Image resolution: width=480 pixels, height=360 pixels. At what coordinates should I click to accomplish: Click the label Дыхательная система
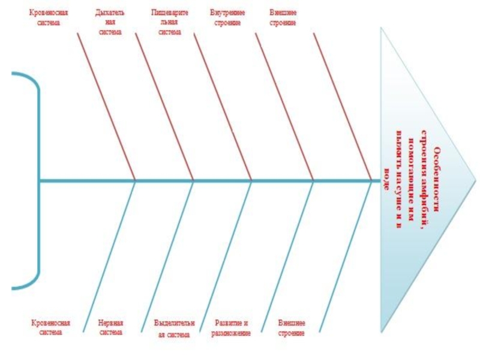point(110,22)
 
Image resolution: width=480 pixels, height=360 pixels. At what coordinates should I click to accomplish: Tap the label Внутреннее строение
point(227,17)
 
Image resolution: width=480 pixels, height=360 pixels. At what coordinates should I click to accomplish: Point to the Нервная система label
point(110,327)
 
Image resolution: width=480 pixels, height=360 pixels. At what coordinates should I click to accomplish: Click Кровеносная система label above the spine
point(49,17)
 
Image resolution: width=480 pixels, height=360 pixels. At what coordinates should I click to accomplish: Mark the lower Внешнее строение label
point(292,327)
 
